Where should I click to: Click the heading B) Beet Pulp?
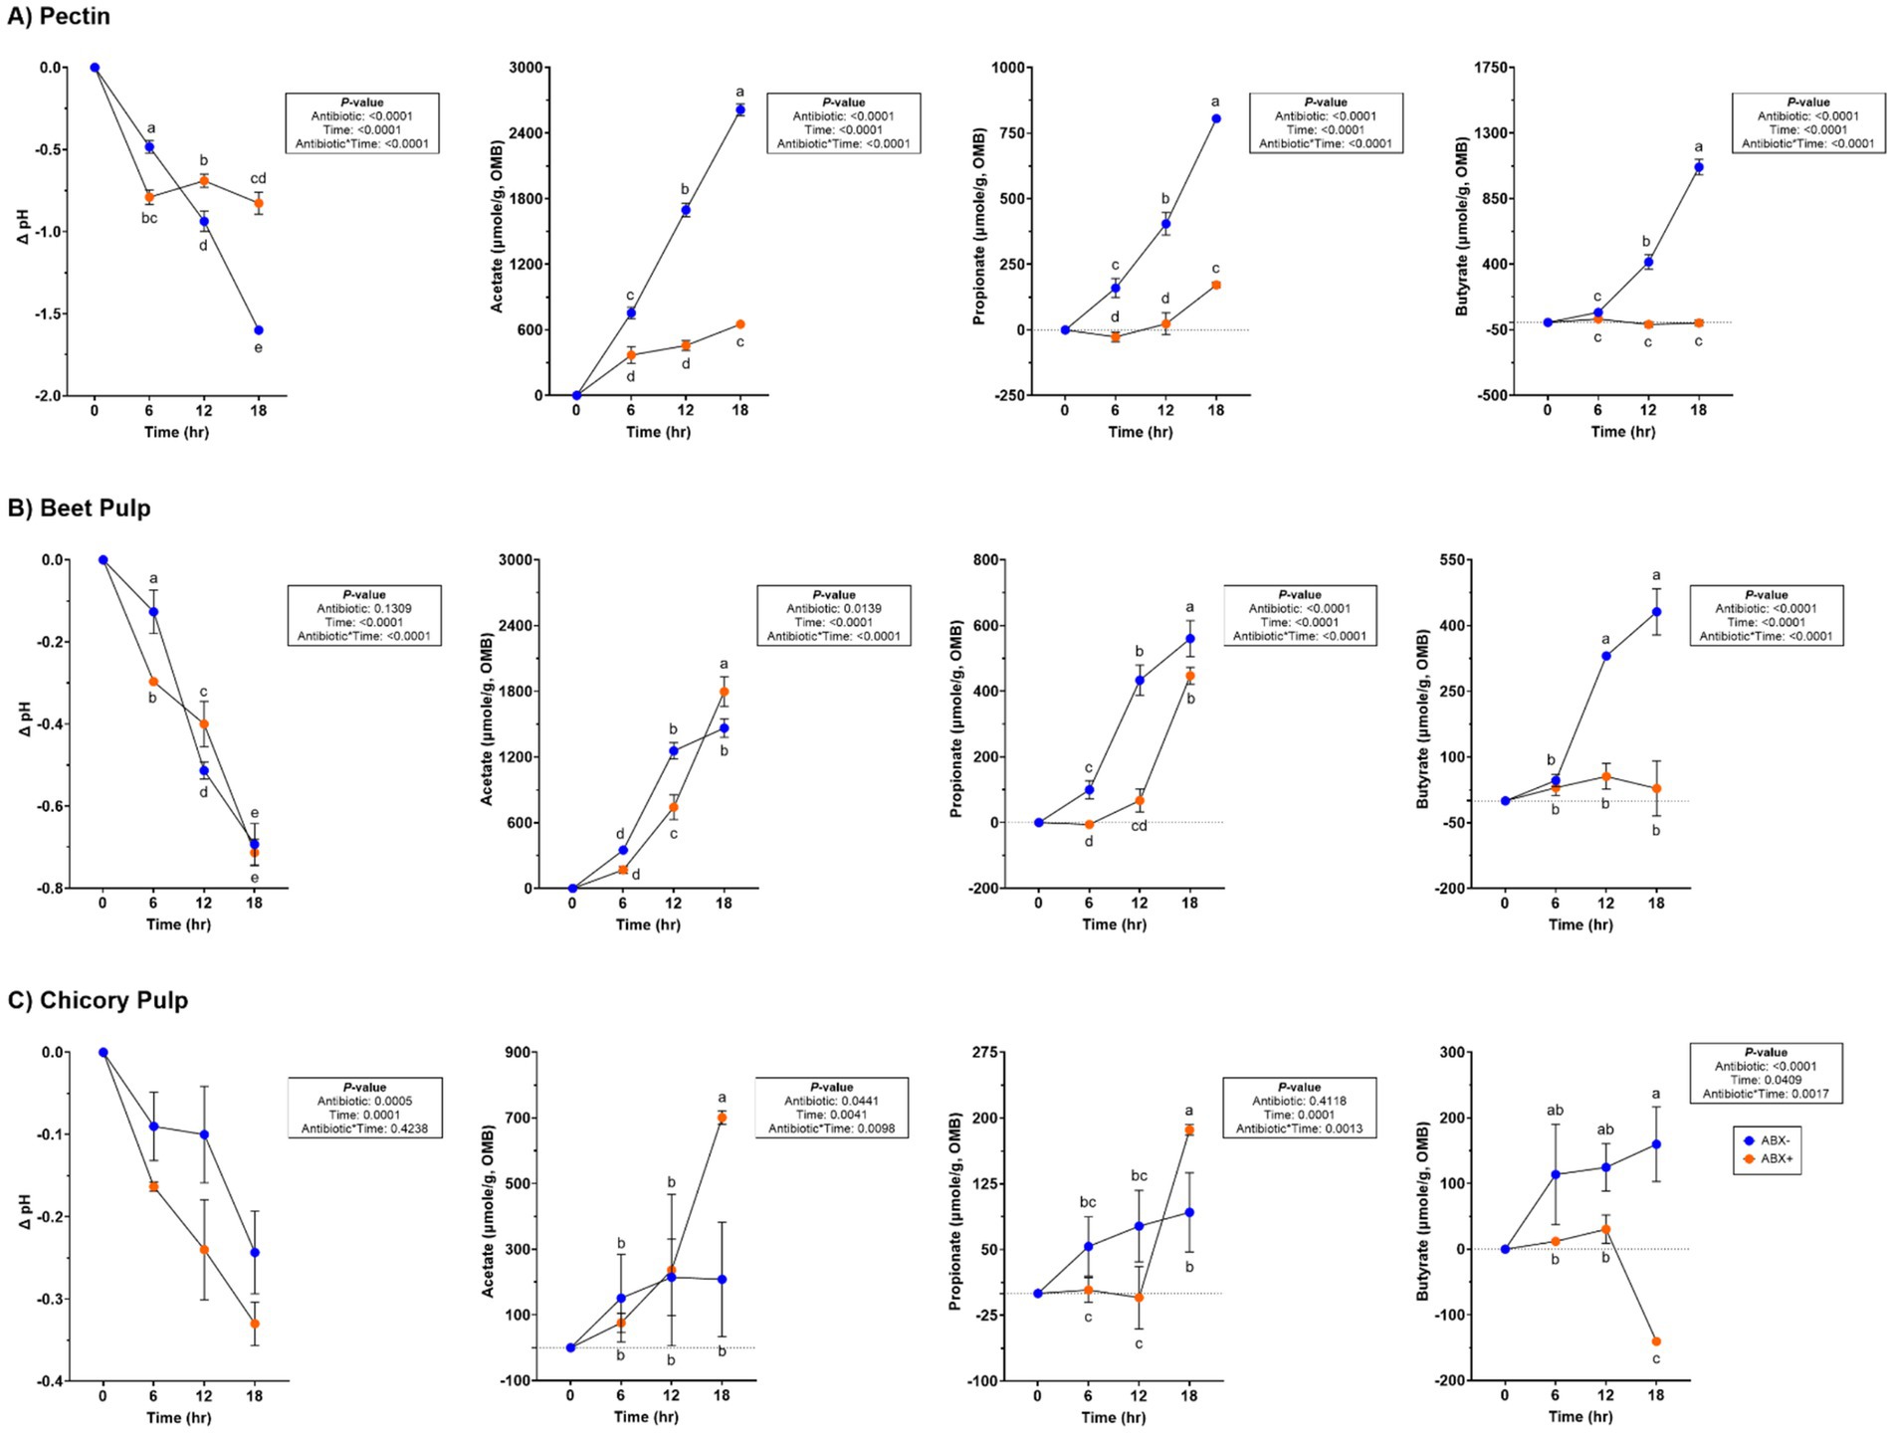click(79, 509)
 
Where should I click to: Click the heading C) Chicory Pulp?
click(98, 1000)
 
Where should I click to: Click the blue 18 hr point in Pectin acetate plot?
click(739, 109)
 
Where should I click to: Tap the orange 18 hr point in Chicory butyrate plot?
click(1656, 1341)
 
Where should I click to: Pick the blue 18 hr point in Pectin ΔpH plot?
click(259, 330)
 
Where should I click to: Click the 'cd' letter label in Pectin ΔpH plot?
click(258, 179)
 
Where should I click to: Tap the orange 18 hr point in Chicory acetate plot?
click(722, 1118)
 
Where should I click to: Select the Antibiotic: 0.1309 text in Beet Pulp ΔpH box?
click(364, 609)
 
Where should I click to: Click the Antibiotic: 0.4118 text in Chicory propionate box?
click(1299, 1101)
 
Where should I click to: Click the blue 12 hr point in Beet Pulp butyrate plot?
click(1606, 656)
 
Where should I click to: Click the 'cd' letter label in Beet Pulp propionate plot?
click(1139, 826)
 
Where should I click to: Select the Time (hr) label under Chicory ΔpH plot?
click(178, 1417)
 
